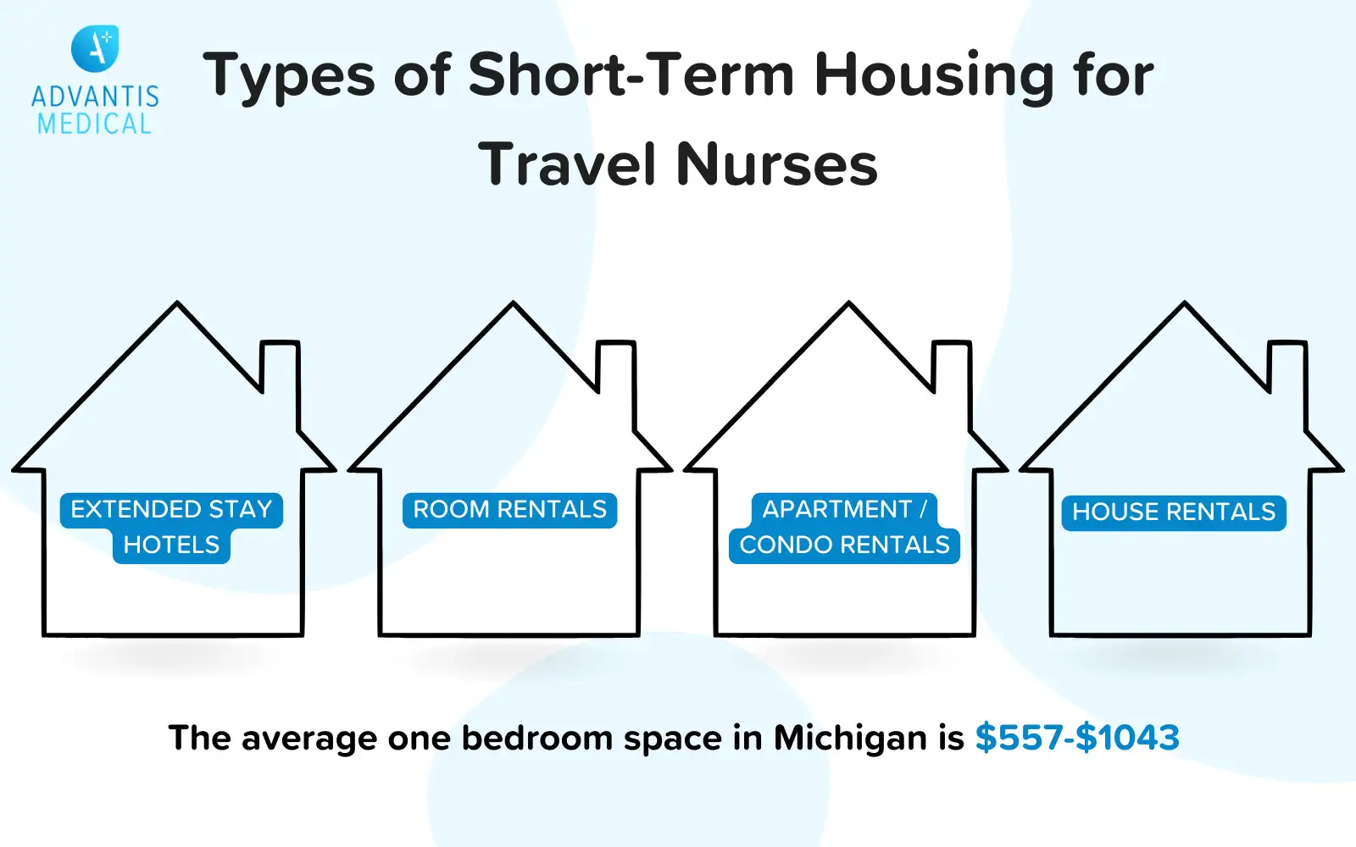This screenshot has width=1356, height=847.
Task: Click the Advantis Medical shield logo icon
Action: (95, 48)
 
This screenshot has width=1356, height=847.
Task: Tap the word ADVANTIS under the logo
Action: (95, 97)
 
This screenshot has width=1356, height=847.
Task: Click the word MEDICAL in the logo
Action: (94, 124)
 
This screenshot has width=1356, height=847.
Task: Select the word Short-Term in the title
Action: (631, 75)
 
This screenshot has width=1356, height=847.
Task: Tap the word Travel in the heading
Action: (567, 163)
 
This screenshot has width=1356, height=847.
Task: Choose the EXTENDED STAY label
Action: (171, 510)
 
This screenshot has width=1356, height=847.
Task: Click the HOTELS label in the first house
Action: (171, 545)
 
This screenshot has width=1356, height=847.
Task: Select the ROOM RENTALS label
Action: (509, 510)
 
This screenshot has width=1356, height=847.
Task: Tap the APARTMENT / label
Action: (844, 509)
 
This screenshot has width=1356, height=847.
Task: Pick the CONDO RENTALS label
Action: (844, 545)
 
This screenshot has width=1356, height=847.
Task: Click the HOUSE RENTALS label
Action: (1174, 512)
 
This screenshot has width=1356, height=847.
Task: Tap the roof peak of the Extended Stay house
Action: (177, 302)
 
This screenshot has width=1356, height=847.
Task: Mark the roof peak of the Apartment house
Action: (848, 302)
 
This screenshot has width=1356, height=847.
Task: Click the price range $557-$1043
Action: (1077, 738)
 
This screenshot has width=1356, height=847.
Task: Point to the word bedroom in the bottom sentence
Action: (537, 738)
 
